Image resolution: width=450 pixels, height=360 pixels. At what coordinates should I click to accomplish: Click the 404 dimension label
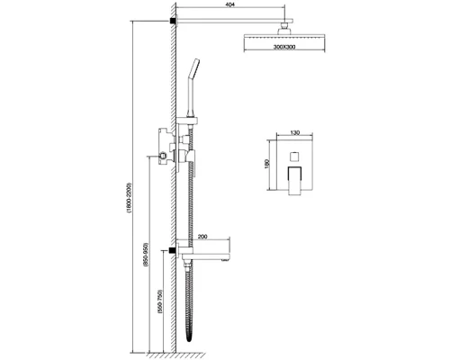coord(230,4)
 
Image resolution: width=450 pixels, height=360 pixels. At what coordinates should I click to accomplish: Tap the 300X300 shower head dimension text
coord(284,47)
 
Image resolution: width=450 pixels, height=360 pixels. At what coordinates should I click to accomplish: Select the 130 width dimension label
coord(295,133)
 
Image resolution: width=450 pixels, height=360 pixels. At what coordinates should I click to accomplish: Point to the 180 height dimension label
coord(267,164)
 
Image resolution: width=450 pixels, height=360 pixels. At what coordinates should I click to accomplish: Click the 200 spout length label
coord(203,237)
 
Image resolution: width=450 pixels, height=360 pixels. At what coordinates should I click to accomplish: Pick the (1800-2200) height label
coord(130,198)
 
